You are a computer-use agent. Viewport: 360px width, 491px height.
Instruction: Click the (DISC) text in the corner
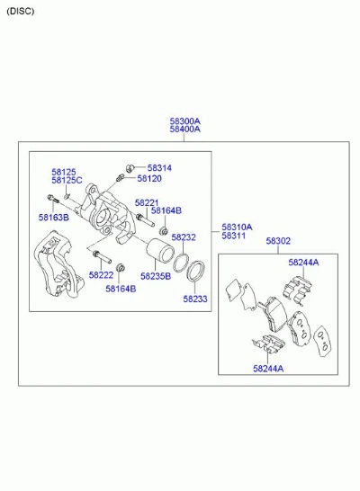[x=20, y=12]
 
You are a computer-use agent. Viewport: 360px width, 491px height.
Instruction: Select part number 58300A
[x=184, y=121]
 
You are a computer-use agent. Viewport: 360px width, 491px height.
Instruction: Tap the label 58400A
[x=184, y=129]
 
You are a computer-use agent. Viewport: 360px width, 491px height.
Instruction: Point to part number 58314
[x=159, y=168]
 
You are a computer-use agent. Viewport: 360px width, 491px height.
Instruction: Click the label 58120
[x=149, y=178]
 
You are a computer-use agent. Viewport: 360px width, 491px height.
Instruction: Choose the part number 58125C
[x=67, y=181]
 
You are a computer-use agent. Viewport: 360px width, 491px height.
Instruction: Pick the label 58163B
[x=54, y=218]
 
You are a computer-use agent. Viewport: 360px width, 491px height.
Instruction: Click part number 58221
[x=147, y=203]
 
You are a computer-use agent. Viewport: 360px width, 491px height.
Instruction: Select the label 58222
[x=101, y=275]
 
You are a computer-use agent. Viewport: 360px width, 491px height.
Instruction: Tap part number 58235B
[x=156, y=276]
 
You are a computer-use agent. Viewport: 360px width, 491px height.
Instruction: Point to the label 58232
[x=184, y=237]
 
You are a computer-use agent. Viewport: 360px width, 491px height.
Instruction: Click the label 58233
[x=195, y=299]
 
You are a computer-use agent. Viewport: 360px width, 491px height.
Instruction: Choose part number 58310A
[x=237, y=227]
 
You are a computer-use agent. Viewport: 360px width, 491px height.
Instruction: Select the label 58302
[x=278, y=241]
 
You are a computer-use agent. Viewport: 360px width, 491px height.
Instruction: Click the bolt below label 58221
[x=146, y=219]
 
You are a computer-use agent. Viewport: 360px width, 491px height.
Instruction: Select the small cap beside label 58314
[x=130, y=168]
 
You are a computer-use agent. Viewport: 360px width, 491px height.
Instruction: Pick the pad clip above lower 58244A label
[x=268, y=344]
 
